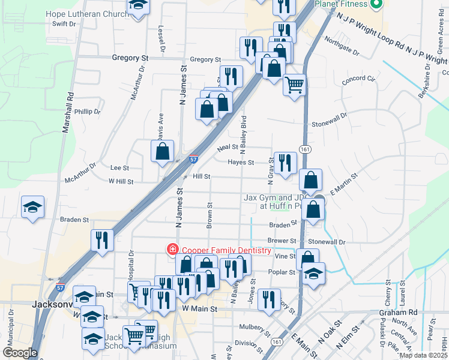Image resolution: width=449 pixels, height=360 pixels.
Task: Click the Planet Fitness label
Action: [340, 4]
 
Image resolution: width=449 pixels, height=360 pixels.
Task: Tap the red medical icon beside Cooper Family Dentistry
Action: [173, 250]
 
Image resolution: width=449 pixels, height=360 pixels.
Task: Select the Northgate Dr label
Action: [342, 47]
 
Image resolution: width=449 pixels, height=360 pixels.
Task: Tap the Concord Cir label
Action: [358, 79]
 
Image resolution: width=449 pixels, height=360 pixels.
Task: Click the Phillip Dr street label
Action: [88, 112]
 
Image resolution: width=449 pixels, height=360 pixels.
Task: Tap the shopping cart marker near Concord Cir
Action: [294, 85]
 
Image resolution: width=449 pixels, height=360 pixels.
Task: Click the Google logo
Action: [20, 353]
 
